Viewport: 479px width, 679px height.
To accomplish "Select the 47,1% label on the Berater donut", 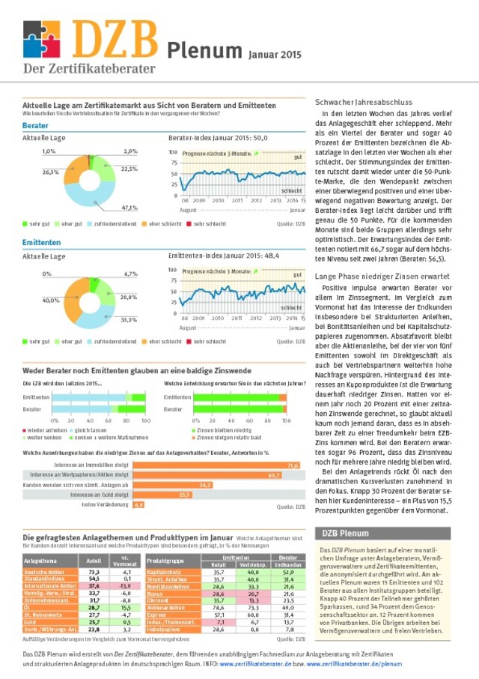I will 129,207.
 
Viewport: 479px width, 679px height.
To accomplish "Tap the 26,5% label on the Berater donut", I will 51,172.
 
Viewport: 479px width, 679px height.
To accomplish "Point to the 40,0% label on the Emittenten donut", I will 51,300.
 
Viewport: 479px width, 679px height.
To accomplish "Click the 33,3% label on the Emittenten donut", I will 129,320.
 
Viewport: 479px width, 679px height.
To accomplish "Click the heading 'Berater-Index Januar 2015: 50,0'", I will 218,139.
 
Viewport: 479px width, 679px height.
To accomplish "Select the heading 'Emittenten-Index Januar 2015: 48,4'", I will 223,256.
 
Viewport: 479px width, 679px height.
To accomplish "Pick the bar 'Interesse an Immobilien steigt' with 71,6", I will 217,465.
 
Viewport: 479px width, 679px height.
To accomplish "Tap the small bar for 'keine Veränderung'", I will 138,504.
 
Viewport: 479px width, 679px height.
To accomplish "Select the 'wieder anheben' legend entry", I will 44,431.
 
